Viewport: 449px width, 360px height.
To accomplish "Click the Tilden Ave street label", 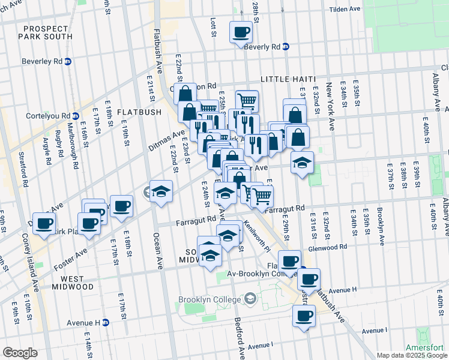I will click(x=344, y=10).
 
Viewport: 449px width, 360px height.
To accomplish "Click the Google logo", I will click(x=20, y=353).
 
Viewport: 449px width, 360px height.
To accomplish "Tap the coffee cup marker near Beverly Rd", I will click(x=241, y=32).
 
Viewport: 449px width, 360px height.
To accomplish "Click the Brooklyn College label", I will click(x=211, y=299).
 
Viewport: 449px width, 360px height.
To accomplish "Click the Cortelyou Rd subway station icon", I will click(x=76, y=116).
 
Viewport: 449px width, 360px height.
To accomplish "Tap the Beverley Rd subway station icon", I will click(x=68, y=61).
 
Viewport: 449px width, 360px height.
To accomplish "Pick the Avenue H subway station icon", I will click(x=106, y=322).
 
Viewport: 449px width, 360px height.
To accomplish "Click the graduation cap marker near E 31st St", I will click(x=302, y=163).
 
